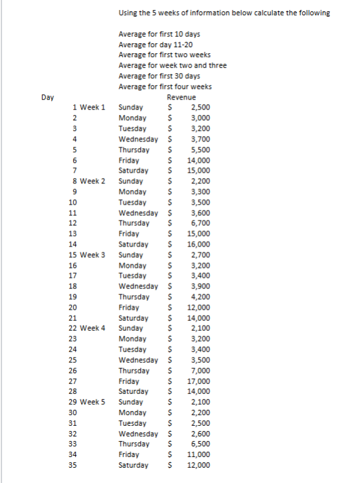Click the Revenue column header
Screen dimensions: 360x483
coord(181,97)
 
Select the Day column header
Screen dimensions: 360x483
coord(47,97)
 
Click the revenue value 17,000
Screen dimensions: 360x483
coord(199,381)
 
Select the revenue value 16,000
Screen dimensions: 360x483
coord(199,244)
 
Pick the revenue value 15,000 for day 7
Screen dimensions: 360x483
coord(199,170)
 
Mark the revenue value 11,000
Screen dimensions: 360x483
coord(199,455)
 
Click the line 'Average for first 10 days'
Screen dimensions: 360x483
coord(159,34)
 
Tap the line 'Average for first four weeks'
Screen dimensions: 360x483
coord(165,86)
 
